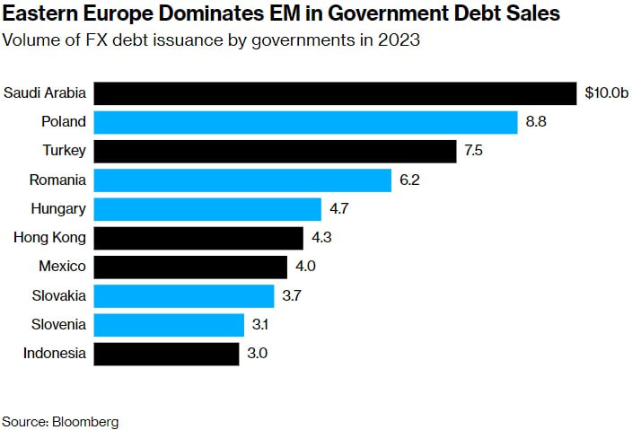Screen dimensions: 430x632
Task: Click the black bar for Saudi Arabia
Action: tap(335, 93)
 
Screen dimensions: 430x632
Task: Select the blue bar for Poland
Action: tap(305, 122)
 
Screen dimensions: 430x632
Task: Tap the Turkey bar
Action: tap(276, 151)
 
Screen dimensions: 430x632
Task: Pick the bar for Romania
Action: tap(242, 180)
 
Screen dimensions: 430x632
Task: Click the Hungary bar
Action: tap(207, 209)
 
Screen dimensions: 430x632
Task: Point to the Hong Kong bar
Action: tap(198, 238)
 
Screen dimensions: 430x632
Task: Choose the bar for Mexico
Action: tap(190, 267)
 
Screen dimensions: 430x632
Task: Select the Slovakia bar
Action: tap(184, 295)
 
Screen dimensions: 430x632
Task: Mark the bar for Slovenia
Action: tap(169, 324)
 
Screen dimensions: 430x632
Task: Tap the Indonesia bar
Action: tap(166, 353)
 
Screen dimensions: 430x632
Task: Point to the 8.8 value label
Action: tap(536, 122)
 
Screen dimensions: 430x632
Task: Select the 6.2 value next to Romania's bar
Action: tap(409, 180)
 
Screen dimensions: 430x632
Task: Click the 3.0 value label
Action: tap(257, 353)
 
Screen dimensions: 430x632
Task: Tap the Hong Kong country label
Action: tap(50, 238)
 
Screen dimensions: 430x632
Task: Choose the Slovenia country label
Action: tap(57, 324)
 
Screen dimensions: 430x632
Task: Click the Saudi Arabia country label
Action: tap(45, 93)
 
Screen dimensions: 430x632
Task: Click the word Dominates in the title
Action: tap(183, 13)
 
